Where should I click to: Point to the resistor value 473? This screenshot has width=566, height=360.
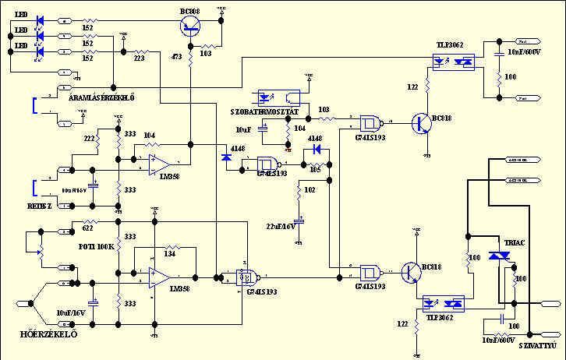pyautogui.click(x=178, y=56)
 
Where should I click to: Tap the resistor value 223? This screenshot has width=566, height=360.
pyautogui.click(x=139, y=57)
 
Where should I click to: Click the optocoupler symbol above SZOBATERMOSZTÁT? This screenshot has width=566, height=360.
pyautogui.click(x=278, y=98)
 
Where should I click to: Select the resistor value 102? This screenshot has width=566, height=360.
pyautogui.click(x=310, y=189)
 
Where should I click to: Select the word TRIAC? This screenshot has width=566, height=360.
pyautogui.click(x=515, y=242)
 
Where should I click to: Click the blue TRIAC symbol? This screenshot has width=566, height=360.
pyautogui.click(x=494, y=260)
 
